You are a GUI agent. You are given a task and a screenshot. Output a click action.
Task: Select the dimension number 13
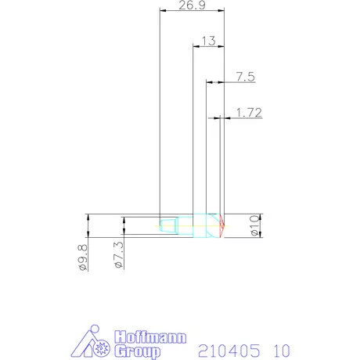pos(208,40)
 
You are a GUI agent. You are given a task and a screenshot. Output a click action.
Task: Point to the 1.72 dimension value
pos(248,113)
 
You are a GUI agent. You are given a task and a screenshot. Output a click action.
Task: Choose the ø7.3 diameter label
pos(117,256)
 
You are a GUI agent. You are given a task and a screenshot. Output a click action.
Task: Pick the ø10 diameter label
pos(254,226)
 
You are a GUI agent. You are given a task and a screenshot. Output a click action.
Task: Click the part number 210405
pos(227,349)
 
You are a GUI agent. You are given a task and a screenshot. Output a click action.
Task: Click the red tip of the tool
pos(223,226)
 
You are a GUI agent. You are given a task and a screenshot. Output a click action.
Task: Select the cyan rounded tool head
pos(207,226)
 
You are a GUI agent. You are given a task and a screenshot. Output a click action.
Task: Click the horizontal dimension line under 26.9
pos(191,11)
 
